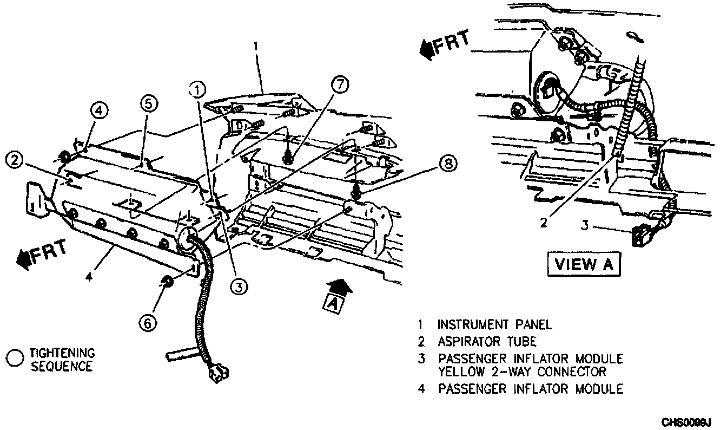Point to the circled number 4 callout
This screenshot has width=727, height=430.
[100, 111]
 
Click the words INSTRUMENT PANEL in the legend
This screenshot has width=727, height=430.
[494, 325]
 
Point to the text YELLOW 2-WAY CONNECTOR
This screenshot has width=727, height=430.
[522, 372]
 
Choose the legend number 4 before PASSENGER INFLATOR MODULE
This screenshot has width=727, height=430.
[420, 388]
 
